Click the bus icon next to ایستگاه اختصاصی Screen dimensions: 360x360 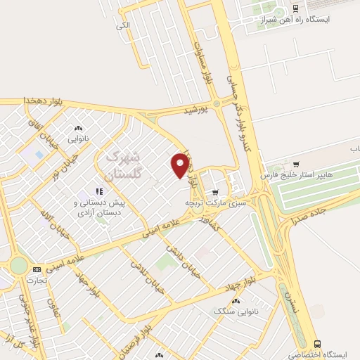pyautogui.click(x=319, y=344)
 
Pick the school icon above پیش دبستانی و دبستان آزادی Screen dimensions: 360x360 pyautogui.click(x=99, y=191)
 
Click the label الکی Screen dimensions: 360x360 pyautogui.click(x=123, y=25)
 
